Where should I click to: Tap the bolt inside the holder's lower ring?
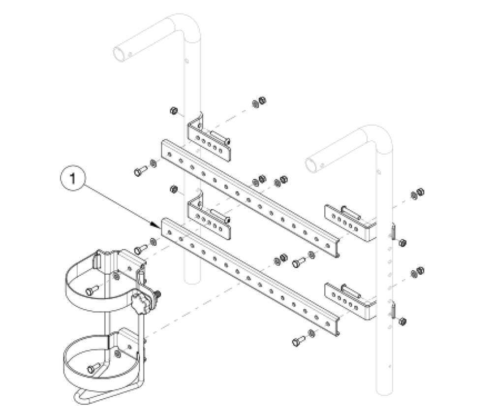click(92, 369)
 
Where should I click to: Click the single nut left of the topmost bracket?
click(173, 111)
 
